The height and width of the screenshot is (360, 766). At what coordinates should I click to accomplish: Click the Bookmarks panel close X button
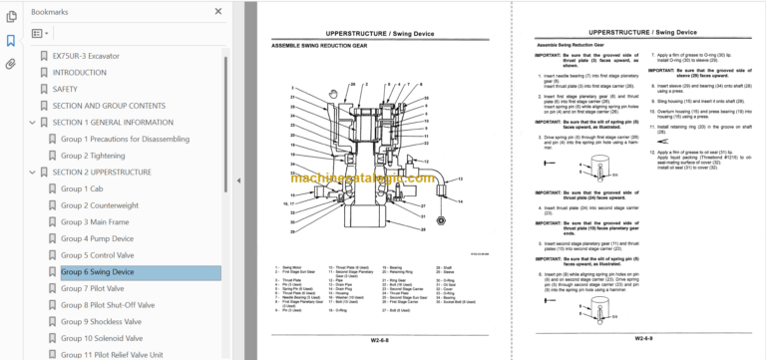pyautogui.click(x=217, y=11)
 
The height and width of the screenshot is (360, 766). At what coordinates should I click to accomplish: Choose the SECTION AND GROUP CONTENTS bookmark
pyautogui.click(x=109, y=106)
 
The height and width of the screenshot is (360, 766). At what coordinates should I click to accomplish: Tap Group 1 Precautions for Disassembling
pyautogui.click(x=126, y=139)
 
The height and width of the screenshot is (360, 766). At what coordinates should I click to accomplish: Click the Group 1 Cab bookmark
pyautogui.click(x=82, y=188)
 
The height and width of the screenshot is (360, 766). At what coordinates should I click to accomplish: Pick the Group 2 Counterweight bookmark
pyautogui.click(x=100, y=205)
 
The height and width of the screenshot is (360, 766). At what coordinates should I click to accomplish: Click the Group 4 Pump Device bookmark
pyautogui.click(x=98, y=239)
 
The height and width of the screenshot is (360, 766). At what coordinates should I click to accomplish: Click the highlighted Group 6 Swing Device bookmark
pyautogui.click(x=98, y=272)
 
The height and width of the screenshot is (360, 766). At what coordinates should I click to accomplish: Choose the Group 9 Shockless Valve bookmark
pyautogui.click(x=101, y=322)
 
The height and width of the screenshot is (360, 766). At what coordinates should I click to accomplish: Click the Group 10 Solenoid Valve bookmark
pyautogui.click(x=102, y=339)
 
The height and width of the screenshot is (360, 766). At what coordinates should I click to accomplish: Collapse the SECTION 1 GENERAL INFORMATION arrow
pyautogui.click(x=32, y=123)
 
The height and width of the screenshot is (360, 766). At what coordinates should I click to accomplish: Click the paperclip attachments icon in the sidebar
pyautogui.click(x=11, y=63)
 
